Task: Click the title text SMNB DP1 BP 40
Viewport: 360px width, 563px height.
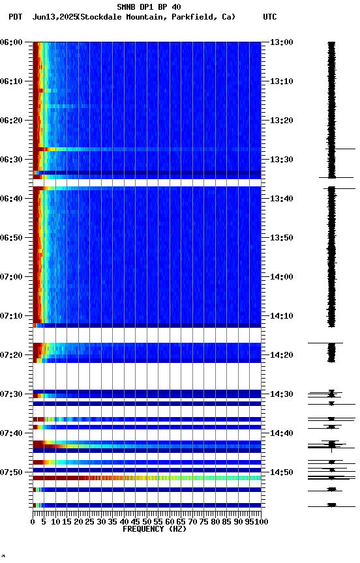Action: coord(149,7)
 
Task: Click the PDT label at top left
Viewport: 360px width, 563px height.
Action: coord(16,17)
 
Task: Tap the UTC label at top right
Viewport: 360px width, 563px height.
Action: coord(269,17)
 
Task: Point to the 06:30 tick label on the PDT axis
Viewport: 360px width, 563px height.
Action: coord(12,160)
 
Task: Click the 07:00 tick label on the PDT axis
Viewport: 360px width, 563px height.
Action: coord(12,277)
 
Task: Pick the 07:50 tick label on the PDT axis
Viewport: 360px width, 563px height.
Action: coord(12,472)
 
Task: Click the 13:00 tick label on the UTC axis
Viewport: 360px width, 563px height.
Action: coord(281,42)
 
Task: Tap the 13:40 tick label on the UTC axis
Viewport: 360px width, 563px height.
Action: coord(281,199)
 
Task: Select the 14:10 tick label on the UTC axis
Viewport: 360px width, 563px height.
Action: coord(281,316)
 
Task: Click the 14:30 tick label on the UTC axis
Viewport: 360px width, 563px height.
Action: coord(281,394)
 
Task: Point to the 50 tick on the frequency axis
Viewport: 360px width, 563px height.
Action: coord(147,521)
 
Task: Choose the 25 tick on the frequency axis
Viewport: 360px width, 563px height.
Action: coord(90,521)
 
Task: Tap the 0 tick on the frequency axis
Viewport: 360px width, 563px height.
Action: coord(33,521)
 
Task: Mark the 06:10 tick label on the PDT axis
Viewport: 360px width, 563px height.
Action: coord(12,81)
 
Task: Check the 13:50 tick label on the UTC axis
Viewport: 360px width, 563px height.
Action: coord(281,238)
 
